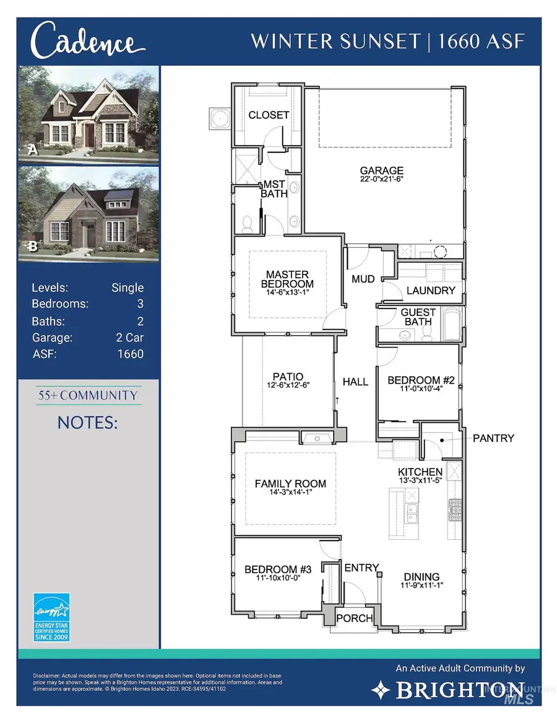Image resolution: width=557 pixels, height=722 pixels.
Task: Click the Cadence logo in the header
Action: (x=84, y=42)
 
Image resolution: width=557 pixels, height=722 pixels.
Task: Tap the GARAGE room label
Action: (x=382, y=170)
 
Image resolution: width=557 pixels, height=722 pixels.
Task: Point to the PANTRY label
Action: (x=493, y=438)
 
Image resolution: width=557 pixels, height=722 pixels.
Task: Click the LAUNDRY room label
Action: (x=431, y=290)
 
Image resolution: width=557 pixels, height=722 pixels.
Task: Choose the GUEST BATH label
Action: (x=418, y=317)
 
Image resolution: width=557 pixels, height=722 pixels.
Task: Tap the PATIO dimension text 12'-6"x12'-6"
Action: (x=288, y=385)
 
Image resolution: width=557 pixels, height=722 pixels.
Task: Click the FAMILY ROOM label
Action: (x=290, y=483)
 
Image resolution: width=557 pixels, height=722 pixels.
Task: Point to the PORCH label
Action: (x=355, y=618)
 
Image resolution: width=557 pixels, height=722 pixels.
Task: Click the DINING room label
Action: (x=421, y=576)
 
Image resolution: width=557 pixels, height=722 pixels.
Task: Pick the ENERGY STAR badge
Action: (x=52, y=617)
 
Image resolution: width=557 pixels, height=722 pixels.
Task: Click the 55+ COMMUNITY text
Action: (x=87, y=395)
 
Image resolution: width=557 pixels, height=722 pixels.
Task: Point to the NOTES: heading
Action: (x=87, y=423)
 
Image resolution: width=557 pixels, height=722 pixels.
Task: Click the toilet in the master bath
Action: (x=248, y=224)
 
